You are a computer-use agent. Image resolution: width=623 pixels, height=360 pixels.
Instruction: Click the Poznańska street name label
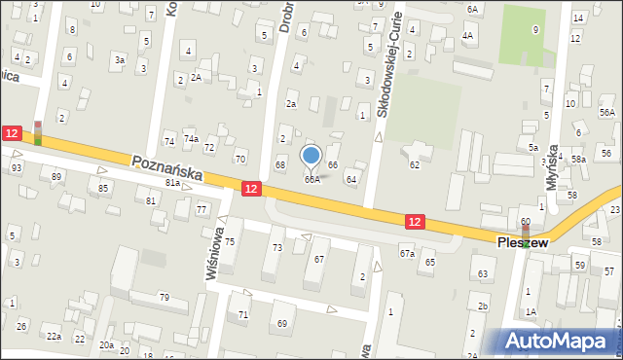pyautogui.click(x=166, y=168)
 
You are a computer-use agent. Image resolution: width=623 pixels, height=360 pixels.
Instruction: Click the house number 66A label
pyautogui.click(x=311, y=179)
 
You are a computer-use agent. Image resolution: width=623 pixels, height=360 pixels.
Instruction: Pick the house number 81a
pyautogui.click(x=173, y=182)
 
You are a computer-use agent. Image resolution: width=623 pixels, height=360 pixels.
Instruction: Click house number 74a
pyautogui.click(x=191, y=139)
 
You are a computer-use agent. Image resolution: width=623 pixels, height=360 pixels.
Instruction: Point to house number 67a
pyautogui.click(x=407, y=253)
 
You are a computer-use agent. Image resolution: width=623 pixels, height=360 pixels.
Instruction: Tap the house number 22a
pyautogui.click(x=53, y=336)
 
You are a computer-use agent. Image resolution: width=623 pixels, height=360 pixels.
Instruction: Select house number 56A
pyautogui.click(x=607, y=113)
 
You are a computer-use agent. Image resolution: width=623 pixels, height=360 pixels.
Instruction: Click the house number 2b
pyautogui.click(x=483, y=306)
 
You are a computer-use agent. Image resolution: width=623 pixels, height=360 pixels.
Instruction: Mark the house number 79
pyautogui.click(x=165, y=297)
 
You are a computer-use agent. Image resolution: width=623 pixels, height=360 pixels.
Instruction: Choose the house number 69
pyautogui.click(x=282, y=322)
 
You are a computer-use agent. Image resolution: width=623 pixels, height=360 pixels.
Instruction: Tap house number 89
pyautogui.click(x=57, y=176)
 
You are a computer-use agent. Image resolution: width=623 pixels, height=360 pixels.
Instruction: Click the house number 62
pyautogui.click(x=414, y=165)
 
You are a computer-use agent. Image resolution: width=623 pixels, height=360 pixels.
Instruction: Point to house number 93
pyautogui.click(x=17, y=167)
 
